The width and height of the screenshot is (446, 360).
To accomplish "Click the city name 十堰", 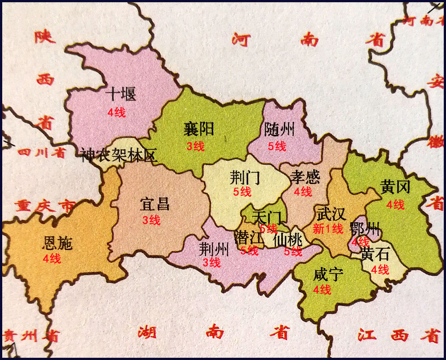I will click(121, 94).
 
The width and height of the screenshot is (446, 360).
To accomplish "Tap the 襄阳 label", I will click(198, 129).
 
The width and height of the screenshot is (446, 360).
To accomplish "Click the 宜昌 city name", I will click(154, 205).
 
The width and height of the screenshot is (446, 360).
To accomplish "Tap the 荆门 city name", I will click(244, 178).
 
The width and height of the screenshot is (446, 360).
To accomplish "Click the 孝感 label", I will click(305, 177).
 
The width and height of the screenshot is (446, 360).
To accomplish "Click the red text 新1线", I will click(328, 229).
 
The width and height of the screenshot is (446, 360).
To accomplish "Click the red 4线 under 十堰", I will click(116, 112).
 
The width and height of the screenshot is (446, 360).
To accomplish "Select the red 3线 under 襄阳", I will click(195, 146).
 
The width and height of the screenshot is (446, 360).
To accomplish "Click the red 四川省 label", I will click(42, 153).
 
